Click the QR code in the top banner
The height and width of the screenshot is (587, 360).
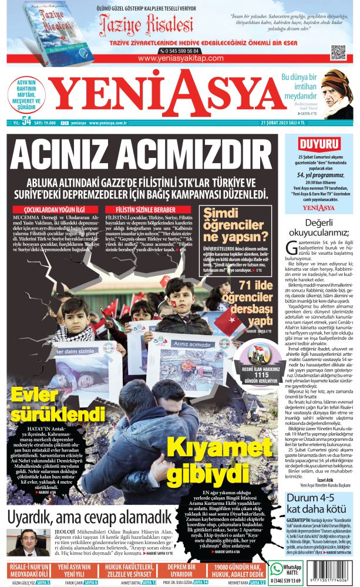click(x=338, y=52)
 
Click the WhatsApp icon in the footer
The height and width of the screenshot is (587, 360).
click(x=277, y=569)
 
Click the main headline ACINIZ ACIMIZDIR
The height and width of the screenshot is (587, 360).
click(x=135, y=155)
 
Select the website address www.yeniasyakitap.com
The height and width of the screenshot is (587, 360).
click(x=179, y=59)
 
